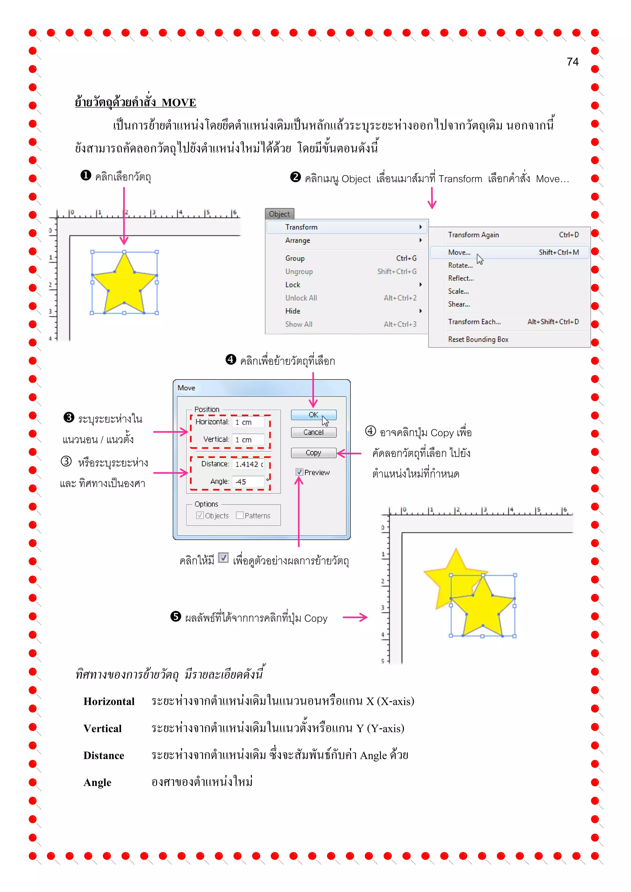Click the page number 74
[572, 62]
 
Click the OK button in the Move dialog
[313, 414]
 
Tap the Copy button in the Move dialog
[313, 453]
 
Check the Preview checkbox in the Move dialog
[299, 472]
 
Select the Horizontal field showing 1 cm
[248, 422]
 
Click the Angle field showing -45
[248, 481]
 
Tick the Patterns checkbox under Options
[240, 515]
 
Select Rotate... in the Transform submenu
[460, 265]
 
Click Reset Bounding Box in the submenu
[478, 339]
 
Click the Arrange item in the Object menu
[298, 240]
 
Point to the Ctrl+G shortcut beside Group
[406, 258]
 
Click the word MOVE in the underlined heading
[179, 103]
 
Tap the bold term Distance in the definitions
[104, 755]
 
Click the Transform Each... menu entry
[474, 322]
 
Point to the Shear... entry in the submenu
[459, 304]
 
